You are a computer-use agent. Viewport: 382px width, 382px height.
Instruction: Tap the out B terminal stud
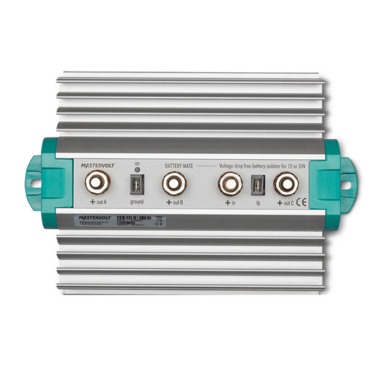(173, 183)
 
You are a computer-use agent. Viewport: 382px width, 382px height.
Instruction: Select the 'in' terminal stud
(230, 183)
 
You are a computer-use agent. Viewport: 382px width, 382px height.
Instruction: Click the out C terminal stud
(285, 183)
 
